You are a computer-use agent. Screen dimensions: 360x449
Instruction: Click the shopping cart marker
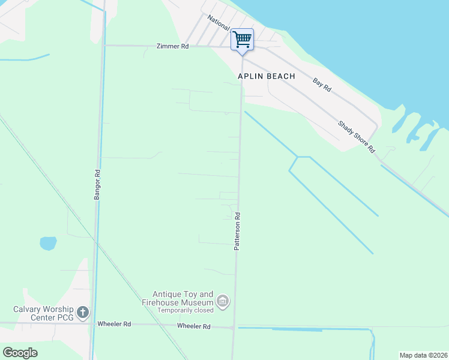[242, 40]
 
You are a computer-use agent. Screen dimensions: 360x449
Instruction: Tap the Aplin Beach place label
[267, 76]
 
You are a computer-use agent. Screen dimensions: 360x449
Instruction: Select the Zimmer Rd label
[172, 46]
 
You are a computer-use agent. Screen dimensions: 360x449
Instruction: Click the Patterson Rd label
[237, 231]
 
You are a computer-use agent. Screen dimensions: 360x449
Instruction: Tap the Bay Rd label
[322, 85]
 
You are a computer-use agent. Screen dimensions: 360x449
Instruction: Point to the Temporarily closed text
[185, 311]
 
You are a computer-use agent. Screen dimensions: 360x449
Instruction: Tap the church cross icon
[83, 313]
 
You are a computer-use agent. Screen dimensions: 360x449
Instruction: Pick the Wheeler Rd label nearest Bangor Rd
[114, 324]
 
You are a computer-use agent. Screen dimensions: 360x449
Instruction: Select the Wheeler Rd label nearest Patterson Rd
[193, 326]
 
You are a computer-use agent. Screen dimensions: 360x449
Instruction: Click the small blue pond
[48, 243]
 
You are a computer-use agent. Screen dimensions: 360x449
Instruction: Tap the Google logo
[20, 352]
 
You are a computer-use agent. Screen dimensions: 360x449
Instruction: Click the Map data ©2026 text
[423, 355]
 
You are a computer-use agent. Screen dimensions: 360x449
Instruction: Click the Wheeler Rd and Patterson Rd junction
[233, 327]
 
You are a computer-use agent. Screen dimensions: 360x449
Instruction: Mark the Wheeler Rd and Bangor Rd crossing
[91, 324]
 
